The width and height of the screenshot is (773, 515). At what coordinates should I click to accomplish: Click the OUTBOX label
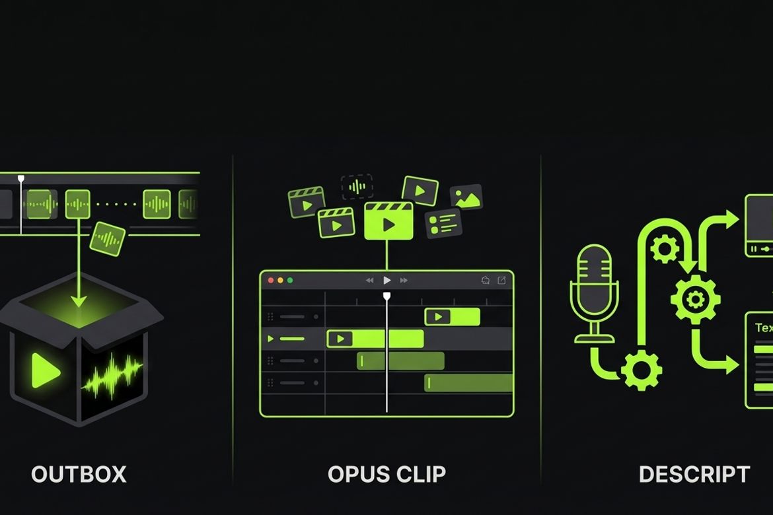(x=79, y=474)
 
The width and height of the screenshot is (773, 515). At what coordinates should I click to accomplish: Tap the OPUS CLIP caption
(x=386, y=474)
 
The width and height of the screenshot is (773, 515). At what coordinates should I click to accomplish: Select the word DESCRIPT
(x=694, y=474)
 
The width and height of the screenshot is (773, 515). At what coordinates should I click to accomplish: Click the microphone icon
(x=595, y=291)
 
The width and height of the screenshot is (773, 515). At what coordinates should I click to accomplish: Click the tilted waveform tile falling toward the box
(x=108, y=238)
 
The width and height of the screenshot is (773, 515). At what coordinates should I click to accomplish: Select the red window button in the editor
(x=270, y=281)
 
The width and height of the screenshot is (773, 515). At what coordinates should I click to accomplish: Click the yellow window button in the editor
(x=279, y=281)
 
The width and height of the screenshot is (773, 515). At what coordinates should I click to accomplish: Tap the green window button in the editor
(x=289, y=281)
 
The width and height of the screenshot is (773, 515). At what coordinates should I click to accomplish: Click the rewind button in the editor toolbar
(x=370, y=281)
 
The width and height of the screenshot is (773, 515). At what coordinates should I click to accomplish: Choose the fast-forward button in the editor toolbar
(x=404, y=281)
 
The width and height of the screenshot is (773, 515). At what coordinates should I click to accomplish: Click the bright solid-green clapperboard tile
(x=388, y=221)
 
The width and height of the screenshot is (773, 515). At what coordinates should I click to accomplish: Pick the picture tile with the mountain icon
(x=466, y=197)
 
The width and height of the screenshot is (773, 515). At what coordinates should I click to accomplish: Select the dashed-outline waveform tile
(x=357, y=187)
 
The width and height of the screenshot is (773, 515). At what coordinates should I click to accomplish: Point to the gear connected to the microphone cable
(x=642, y=370)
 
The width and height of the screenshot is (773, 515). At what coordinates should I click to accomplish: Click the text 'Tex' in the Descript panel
(x=763, y=327)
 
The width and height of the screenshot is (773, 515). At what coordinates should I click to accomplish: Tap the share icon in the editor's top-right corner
(x=501, y=281)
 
